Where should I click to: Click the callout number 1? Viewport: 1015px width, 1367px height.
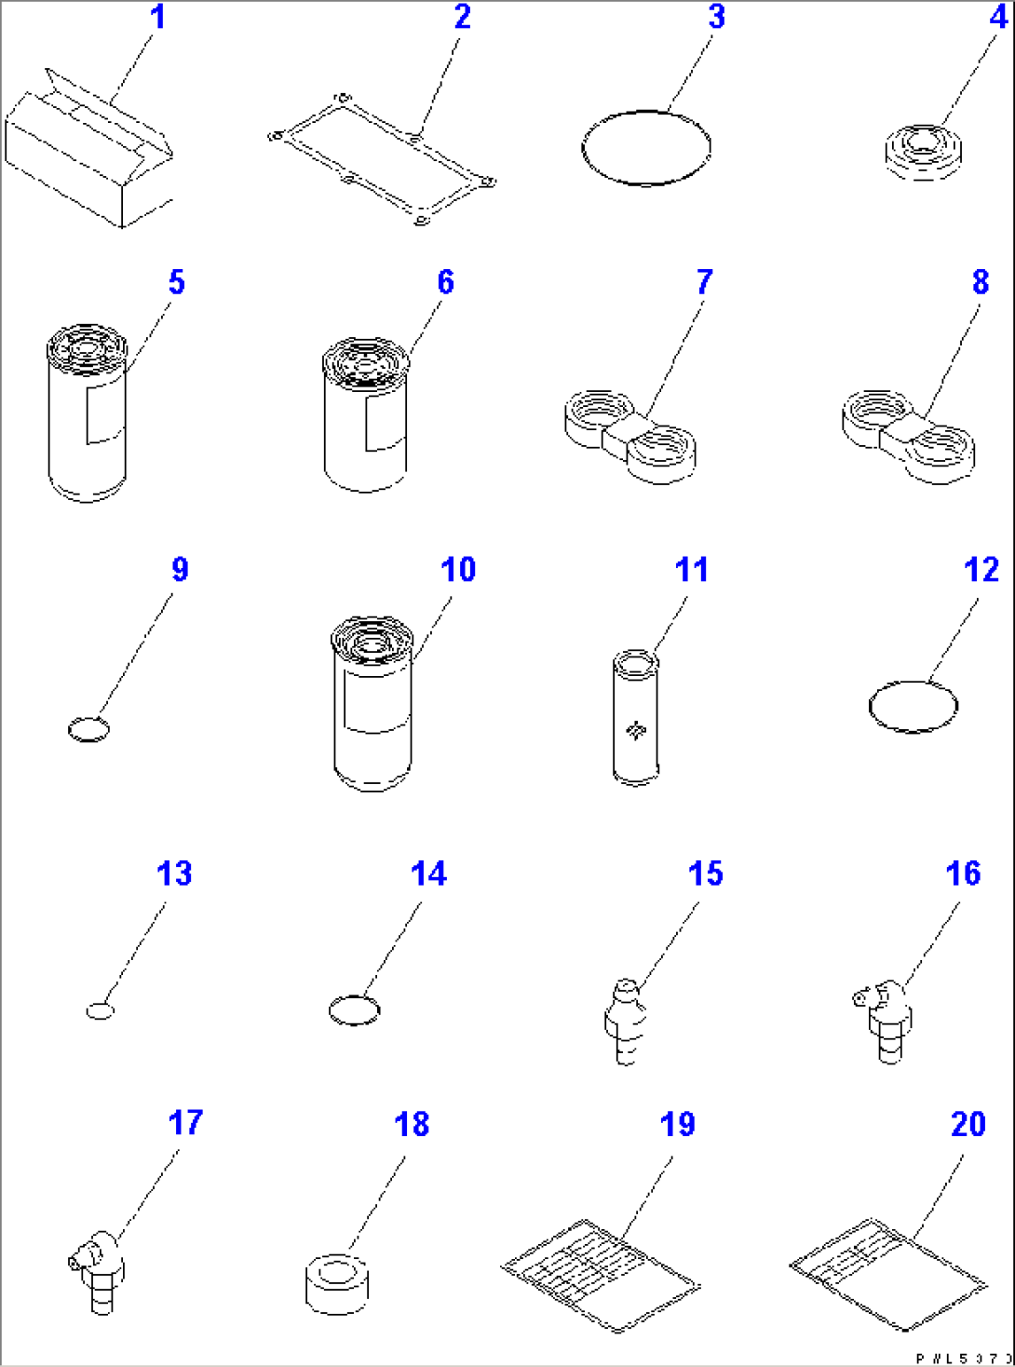[x=158, y=17]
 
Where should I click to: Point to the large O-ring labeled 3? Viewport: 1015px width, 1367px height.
[x=646, y=148]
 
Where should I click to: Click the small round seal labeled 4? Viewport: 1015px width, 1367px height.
[x=923, y=152]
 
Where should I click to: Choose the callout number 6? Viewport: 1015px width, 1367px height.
[x=445, y=282]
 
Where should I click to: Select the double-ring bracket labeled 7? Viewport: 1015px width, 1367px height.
[x=631, y=439]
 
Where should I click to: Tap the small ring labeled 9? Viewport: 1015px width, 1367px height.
[x=88, y=729]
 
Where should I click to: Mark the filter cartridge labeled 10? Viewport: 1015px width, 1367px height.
[x=372, y=703]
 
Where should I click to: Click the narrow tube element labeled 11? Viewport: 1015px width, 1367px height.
[x=635, y=716]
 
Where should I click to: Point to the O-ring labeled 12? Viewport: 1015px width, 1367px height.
[x=913, y=707]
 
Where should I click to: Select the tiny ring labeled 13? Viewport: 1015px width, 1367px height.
[x=100, y=1010]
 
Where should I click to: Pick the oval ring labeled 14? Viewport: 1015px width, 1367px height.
[x=355, y=1010]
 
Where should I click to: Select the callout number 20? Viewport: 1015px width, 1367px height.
[x=968, y=1124]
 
